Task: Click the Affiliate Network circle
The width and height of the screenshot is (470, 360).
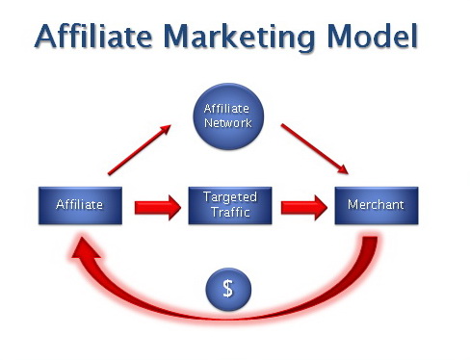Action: click(x=228, y=116)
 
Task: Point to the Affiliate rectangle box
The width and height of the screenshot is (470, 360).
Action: click(x=81, y=205)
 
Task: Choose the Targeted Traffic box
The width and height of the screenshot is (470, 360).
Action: click(x=229, y=205)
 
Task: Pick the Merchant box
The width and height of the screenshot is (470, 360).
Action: click(x=377, y=205)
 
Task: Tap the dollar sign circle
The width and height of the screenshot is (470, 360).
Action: click(x=228, y=288)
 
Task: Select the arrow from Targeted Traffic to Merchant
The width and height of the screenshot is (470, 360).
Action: click(x=302, y=205)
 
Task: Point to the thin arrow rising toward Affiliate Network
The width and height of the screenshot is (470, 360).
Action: click(x=141, y=149)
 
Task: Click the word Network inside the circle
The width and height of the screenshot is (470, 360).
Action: click(x=228, y=123)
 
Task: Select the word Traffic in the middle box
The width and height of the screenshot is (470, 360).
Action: click(x=229, y=212)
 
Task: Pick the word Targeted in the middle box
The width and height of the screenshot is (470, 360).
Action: click(x=229, y=197)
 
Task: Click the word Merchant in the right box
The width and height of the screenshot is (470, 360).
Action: click(x=377, y=205)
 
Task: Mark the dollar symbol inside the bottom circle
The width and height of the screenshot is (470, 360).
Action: click(x=228, y=288)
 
